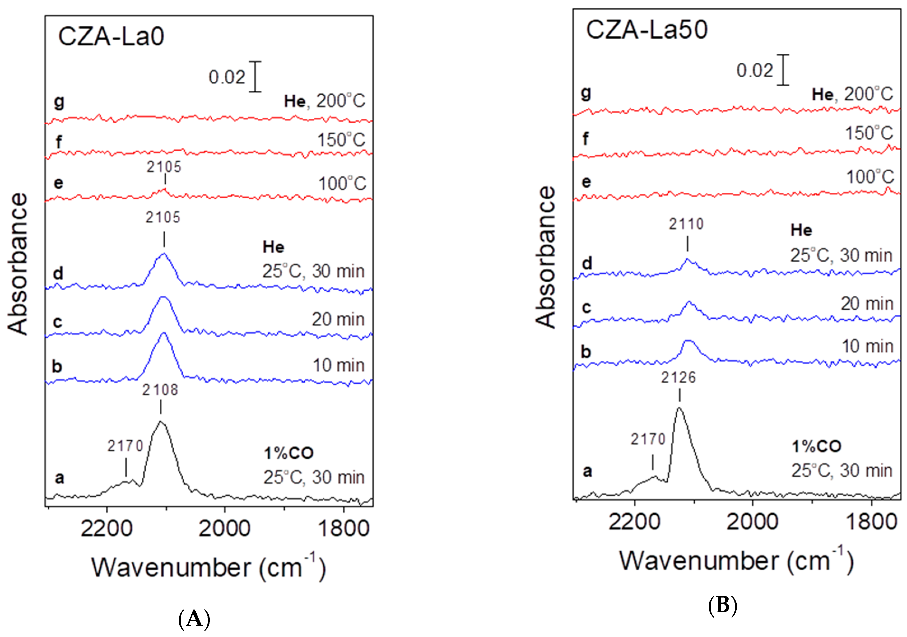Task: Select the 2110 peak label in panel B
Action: tap(686, 224)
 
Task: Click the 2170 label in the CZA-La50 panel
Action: tap(648, 439)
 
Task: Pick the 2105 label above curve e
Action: tap(164, 167)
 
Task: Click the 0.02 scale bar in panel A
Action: tap(255, 77)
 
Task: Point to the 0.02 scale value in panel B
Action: tap(755, 71)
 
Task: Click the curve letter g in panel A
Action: tap(59, 102)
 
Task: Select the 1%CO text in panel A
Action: tap(289, 453)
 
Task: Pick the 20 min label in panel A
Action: tap(338, 319)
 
